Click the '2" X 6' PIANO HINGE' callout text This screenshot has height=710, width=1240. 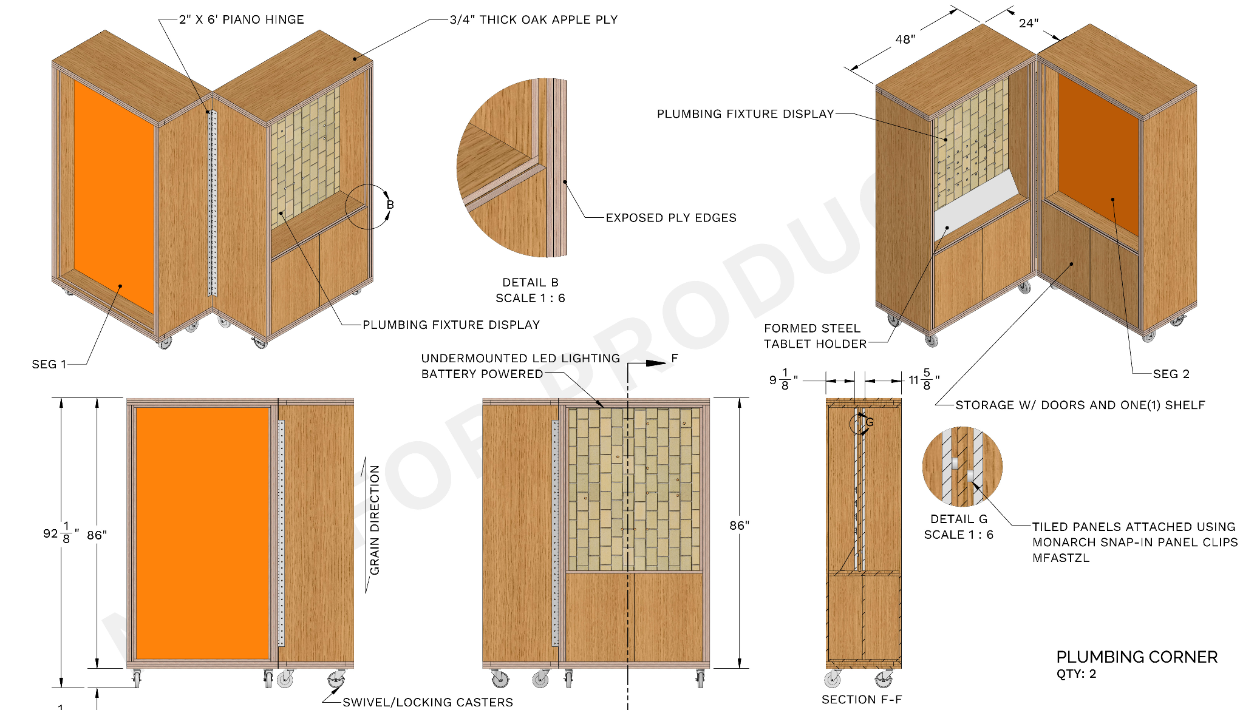pyautogui.click(x=242, y=19)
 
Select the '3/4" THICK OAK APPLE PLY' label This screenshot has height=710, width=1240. pyautogui.click(x=534, y=19)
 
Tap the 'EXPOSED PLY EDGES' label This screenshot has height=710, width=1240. pyautogui.click(x=671, y=218)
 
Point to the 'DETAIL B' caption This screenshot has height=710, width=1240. pyautogui.click(x=531, y=282)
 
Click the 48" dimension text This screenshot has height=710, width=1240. pyautogui.click(x=905, y=39)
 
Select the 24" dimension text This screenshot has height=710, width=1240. pyautogui.click(x=1029, y=23)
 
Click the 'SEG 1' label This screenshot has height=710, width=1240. pyautogui.click(x=49, y=364)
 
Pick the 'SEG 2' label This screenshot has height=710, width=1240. pyautogui.click(x=1171, y=374)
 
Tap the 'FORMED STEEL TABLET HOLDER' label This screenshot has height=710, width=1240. pyautogui.click(x=816, y=336)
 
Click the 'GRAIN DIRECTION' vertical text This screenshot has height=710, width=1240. pyautogui.click(x=375, y=520)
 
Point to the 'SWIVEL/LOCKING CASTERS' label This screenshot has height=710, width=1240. pyautogui.click(x=428, y=702)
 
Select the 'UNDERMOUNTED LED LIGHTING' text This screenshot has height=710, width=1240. pyautogui.click(x=521, y=358)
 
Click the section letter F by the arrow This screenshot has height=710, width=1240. pyautogui.click(x=675, y=358)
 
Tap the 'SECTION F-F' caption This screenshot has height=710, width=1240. pyautogui.click(x=862, y=700)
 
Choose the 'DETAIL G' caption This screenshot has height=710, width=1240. pyautogui.click(x=959, y=519)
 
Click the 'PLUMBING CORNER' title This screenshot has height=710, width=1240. pyautogui.click(x=1137, y=657)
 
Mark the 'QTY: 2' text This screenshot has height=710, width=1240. pyautogui.click(x=1076, y=674)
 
